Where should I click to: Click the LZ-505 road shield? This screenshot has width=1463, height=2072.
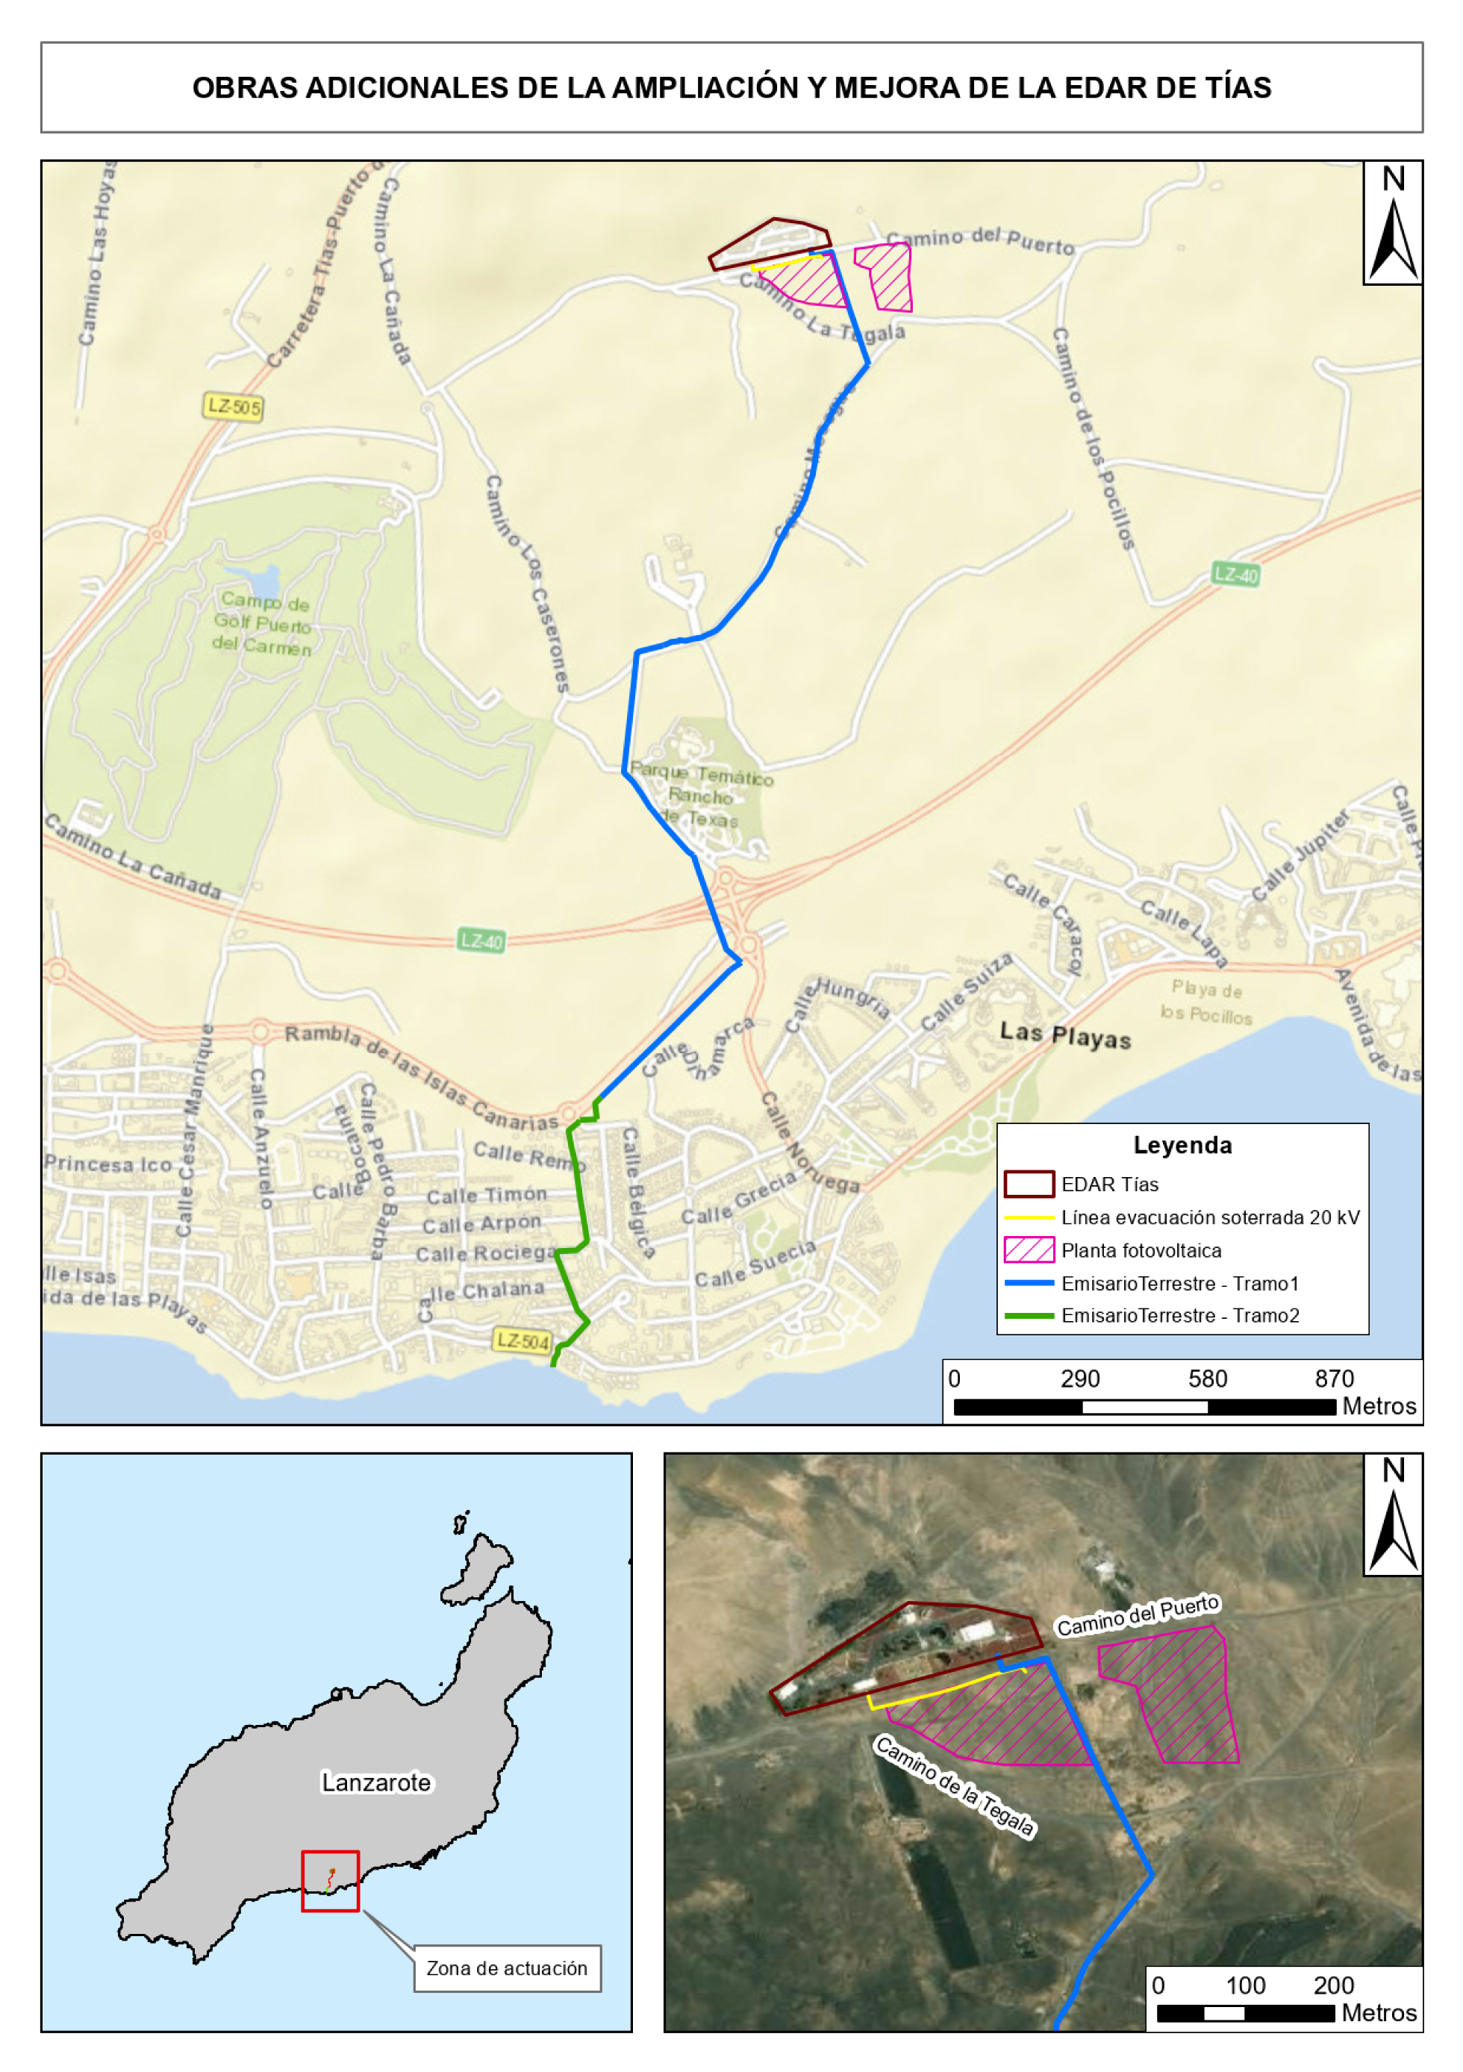click(x=233, y=407)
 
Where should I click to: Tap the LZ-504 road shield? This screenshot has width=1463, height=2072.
click(x=522, y=1341)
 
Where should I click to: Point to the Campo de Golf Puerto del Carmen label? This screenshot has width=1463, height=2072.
click(x=263, y=623)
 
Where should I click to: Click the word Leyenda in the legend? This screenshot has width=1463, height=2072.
click(x=1182, y=1145)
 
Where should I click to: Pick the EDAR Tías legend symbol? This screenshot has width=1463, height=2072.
click(x=1028, y=1184)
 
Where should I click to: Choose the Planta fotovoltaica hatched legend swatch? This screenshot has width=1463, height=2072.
click(x=1028, y=1250)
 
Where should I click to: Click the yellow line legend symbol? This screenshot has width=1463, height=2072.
click(x=1028, y=1217)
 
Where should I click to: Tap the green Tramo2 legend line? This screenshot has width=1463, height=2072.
click(x=1028, y=1316)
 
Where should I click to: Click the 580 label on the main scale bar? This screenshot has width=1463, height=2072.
click(x=1207, y=1379)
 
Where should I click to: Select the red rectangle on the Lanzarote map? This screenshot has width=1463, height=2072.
click(x=331, y=1881)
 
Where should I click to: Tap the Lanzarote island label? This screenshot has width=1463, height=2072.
click(x=376, y=1782)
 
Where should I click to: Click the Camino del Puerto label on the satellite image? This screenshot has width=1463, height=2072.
click(x=1138, y=1616)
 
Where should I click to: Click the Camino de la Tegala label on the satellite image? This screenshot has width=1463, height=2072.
click(x=955, y=1786)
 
